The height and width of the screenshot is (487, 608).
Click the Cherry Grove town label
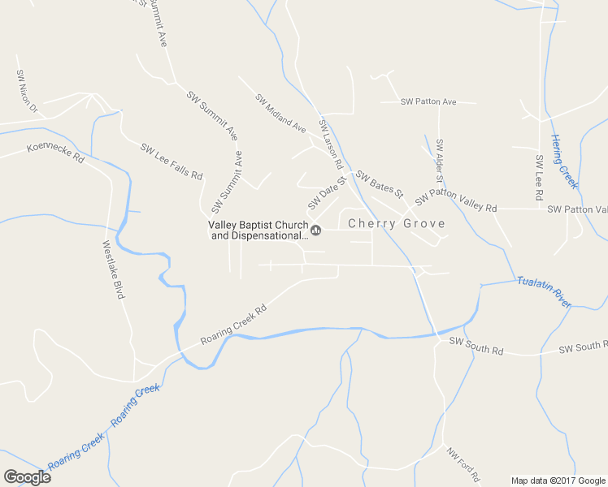coord(397,224)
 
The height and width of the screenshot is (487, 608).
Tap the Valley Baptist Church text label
coord(258,231)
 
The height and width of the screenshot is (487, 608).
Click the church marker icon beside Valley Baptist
coord(316,231)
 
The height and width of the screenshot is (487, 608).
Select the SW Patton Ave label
coord(428,102)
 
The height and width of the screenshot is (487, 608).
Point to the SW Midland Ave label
coord(280,114)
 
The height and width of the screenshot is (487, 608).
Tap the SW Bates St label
coord(380,184)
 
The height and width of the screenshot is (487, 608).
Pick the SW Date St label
coord(327,192)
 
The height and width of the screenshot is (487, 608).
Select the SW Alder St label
coord(440,160)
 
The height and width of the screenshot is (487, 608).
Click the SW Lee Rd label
coord(539,177)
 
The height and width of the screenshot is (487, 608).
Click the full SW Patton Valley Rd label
coord(455,202)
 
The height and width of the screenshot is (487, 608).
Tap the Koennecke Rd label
coord(55,153)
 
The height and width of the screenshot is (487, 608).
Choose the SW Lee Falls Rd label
coord(171,161)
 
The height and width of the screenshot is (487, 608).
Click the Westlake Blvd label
coord(113,269)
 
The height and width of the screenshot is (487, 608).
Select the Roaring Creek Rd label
coord(234,326)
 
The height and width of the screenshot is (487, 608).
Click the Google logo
coord(27,476)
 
